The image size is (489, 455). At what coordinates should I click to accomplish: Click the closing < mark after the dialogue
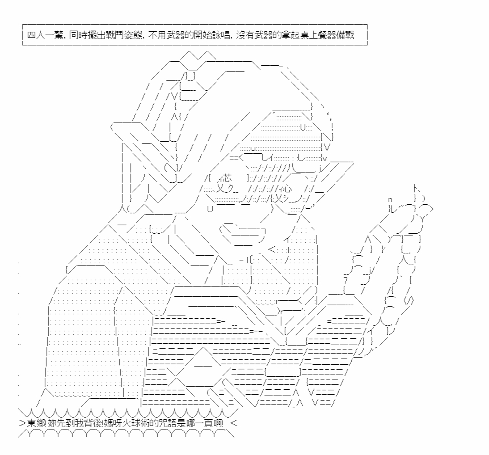(x=234, y=423)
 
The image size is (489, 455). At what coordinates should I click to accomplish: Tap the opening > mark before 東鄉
(x=23, y=423)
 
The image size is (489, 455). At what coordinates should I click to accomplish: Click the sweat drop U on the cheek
(x=210, y=209)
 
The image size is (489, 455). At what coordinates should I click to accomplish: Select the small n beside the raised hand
(x=390, y=200)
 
